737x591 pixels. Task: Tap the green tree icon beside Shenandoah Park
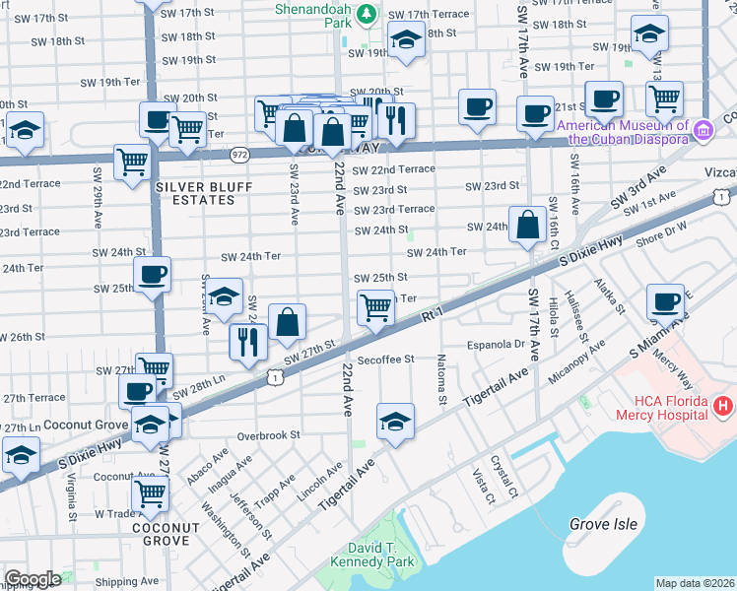tap(367, 14)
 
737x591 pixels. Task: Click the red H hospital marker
tap(723, 405)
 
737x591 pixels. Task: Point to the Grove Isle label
tap(603, 524)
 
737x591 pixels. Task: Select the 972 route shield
tap(240, 155)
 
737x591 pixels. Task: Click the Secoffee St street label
tap(385, 360)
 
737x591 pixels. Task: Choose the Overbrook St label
tap(267, 434)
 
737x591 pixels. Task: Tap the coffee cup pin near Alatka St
tap(666, 302)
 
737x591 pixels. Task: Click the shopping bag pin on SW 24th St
tap(528, 225)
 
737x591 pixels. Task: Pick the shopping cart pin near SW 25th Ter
tap(375, 308)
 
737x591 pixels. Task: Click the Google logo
tap(32, 579)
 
